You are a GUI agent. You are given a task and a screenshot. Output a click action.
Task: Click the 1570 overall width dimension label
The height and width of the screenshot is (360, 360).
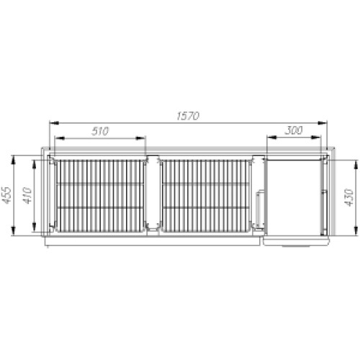coord(188,116)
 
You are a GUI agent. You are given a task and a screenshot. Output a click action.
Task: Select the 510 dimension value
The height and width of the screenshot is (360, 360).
coord(100,131)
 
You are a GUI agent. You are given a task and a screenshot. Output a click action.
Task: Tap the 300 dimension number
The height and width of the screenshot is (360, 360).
coord(294,130)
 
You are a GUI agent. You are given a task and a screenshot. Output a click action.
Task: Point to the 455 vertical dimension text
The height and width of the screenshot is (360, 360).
coord(6,195)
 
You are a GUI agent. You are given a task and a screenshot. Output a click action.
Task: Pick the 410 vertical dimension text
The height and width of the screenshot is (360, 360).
coord(27,196)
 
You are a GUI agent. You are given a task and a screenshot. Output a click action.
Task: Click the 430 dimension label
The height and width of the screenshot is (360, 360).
coord(349,197)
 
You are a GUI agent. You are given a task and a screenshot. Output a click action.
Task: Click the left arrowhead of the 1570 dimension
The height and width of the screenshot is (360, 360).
coord(54,123)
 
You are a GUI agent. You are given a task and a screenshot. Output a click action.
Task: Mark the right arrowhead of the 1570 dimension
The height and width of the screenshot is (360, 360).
coord(323,123)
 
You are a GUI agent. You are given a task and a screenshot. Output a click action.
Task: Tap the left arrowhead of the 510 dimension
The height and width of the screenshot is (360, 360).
coord(60,138)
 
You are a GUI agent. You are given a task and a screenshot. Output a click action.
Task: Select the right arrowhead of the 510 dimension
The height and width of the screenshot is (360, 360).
coord(141,138)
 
